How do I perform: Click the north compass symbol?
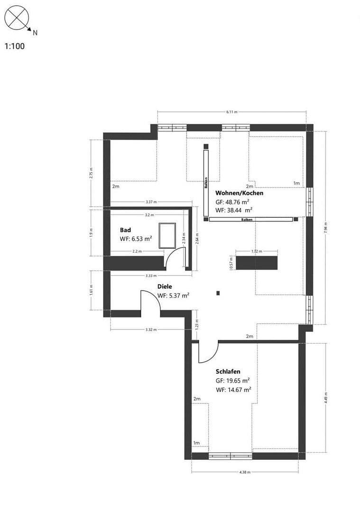(17, 18)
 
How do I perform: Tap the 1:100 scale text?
(14, 46)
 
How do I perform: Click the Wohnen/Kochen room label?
(239, 193)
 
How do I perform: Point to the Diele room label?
(165, 286)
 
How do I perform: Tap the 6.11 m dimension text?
(232, 112)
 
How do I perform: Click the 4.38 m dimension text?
(245, 472)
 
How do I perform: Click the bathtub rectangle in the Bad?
(167, 235)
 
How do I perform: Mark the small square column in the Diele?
(218, 293)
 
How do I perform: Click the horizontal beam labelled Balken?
(251, 219)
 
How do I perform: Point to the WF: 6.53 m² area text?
(136, 239)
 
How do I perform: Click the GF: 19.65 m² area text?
(232, 380)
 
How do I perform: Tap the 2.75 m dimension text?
(91, 174)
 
